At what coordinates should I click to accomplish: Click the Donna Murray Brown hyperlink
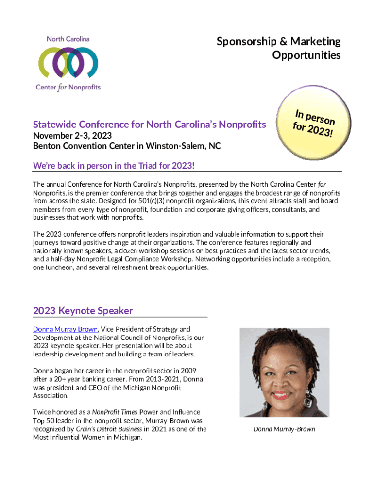tap(65, 329)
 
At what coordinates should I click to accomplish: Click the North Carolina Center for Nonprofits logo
tap(68, 63)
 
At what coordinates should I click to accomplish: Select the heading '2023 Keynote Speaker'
tap(83, 311)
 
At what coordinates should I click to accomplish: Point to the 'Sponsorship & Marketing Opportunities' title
tap(278, 48)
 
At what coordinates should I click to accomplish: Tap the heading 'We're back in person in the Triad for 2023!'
tap(114, 166)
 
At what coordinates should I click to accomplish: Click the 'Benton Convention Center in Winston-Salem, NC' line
tap(127, 145)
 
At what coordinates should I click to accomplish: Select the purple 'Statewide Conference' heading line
tap(149, 124)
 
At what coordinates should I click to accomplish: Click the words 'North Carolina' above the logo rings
tap(68, 39)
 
